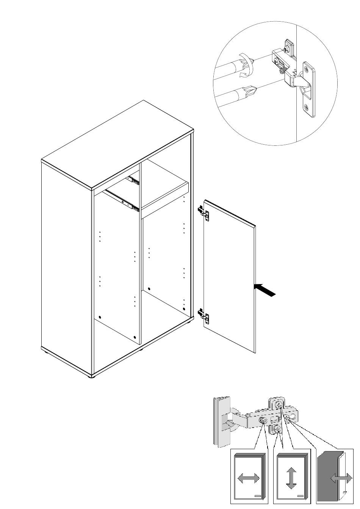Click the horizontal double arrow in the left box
click(x=248, y=478)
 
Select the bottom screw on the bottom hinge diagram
click(x=277, y=429)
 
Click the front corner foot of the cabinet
click(x=91, y=376)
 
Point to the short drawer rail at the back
click(x=133, y=180)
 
